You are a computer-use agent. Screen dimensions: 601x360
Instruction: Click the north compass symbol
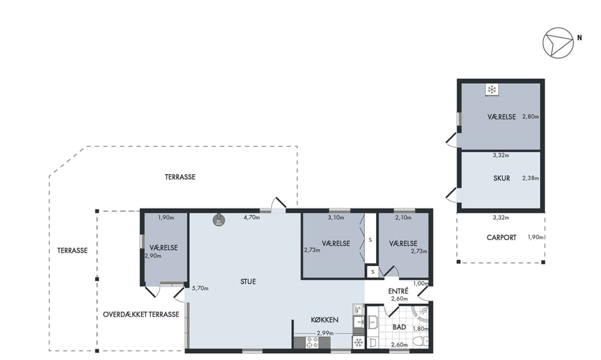point(558,43)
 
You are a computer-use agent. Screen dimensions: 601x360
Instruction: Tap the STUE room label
point(248,281)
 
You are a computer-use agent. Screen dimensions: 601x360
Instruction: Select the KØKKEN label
point(324,320)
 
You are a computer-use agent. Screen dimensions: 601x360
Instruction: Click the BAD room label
point(399,327)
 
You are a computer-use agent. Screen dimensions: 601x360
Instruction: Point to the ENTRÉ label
point(398,291)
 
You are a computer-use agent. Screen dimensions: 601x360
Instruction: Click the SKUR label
point(501,178)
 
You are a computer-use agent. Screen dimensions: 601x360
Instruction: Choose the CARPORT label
point(501,238)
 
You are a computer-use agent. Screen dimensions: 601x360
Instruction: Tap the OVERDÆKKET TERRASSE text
point(141,314)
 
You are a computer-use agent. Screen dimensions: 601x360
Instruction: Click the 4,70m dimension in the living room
point(252,218)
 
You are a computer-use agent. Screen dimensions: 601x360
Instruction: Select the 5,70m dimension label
point(200,288)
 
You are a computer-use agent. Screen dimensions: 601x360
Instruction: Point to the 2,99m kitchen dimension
point(325,333)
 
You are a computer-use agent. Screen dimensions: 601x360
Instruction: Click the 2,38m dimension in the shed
point(530,178)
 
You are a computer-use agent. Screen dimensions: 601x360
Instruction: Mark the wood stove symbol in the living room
point(219,220)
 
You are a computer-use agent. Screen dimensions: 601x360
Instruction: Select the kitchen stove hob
point(312,342)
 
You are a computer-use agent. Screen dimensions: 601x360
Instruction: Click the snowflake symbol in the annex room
point(491,90)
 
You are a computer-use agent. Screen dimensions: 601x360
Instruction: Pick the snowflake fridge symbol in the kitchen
point(358,342)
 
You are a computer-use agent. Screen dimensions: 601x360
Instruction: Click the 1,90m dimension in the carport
point(536,237)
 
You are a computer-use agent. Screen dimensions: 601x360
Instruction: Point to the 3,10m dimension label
point(336,218)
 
